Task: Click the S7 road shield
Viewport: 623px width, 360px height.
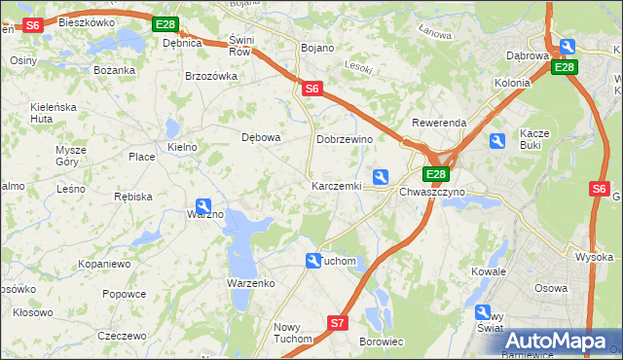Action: tap(337, 322)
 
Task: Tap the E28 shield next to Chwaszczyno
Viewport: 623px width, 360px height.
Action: tap(435, 175)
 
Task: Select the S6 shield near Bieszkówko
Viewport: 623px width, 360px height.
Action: tap(32, 25)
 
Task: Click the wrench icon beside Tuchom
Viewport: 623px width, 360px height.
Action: tap(313, 261)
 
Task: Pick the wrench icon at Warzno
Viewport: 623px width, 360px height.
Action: tap(203, 206)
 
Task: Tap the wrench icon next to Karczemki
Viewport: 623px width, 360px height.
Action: tap(382, 176)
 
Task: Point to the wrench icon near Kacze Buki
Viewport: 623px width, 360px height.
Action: tap(497, 142)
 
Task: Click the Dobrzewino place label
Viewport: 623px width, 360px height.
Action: tap(346, 140)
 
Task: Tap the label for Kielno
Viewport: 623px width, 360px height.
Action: tap(183, 147)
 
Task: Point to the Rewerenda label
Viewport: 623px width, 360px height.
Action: tap(439, 124)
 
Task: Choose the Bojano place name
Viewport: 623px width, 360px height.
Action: tap(318, 48)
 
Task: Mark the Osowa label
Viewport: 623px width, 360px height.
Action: tap(551, 288)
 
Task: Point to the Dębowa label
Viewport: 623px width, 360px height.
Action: tap(261, 137)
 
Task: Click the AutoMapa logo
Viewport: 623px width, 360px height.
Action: tap(557, 341)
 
